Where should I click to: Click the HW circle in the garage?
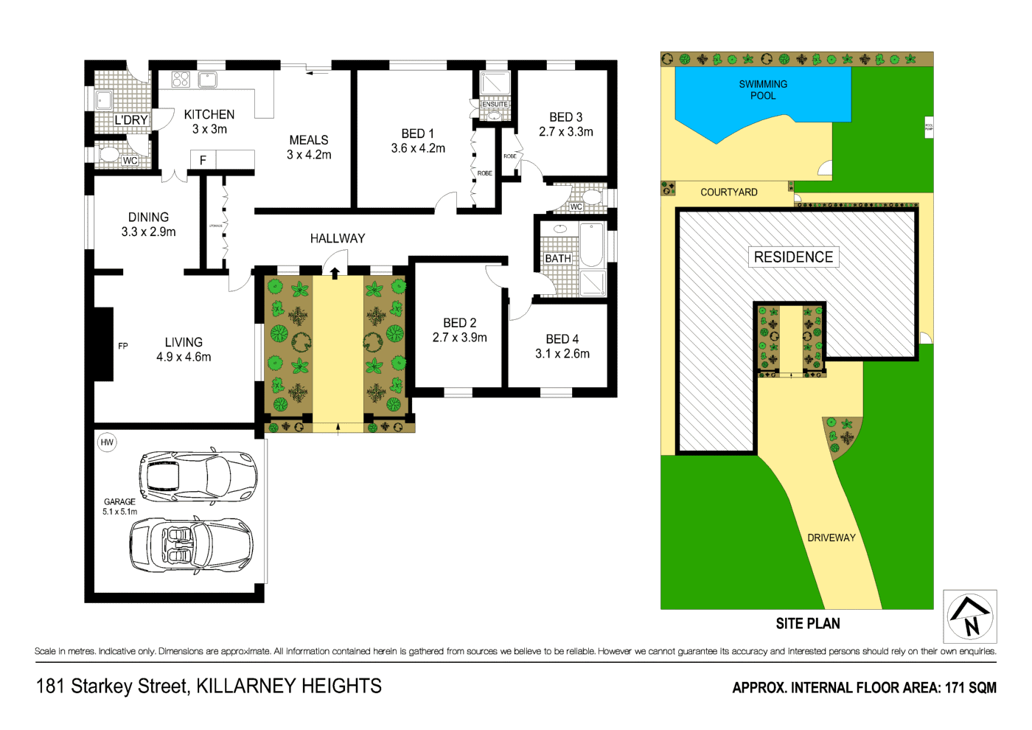(107, 442)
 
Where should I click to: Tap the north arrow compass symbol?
(970, 616)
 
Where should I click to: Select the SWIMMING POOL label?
(763, 90)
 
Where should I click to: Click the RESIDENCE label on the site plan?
(793, 257)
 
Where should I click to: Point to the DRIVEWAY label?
(831, 538)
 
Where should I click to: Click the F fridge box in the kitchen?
(203, 160)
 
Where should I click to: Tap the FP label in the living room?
(123, 346)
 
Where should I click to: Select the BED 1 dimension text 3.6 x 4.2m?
(418, 148)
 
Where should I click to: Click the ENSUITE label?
(495, 104)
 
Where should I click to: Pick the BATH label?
(557, 259)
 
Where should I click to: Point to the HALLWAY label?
(338, 238)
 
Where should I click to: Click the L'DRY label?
(131, 120)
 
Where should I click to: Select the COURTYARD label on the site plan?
(728, 192)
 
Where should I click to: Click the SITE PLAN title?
(807, 624)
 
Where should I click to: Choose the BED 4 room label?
(562, 339)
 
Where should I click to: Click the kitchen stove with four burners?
(181, 79)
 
